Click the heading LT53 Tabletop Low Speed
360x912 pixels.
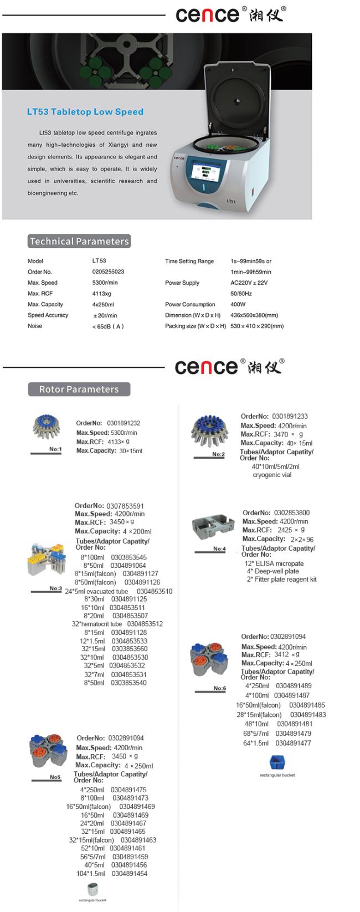tap(85, 112)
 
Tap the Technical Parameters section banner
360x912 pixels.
tap(79, 241)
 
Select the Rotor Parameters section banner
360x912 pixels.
tap(79, 389)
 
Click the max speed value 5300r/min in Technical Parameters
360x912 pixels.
tap(105, 283)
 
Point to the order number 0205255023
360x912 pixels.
tap(108, 271)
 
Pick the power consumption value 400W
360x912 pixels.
tap(238, 304)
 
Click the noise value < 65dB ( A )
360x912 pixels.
tap(108, 326)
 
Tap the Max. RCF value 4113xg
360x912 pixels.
tap(101, 294)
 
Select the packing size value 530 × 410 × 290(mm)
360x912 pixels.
tap(257, 326)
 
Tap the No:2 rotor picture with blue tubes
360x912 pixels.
tap(209, 431)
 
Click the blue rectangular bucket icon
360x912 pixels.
tap(277, 762)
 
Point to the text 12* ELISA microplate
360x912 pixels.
tap(274, 563)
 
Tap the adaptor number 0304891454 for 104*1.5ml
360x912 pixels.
tap(130, 874)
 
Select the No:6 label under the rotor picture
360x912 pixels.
tap(220, 688)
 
